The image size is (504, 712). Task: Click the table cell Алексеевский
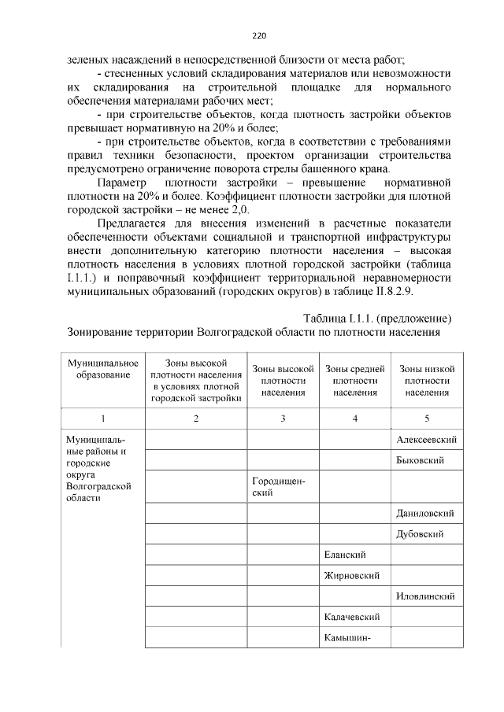[x=426, y=440]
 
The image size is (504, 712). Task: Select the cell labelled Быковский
[x=421, y=460]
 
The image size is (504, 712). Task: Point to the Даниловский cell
[x=425, y=513]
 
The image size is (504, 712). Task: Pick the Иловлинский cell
[x=426, y=596]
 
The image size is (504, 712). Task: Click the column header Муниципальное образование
[x=102, y=369]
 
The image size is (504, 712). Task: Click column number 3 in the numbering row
[x=282, y=418]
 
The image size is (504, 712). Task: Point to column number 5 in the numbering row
[x=427, y=418]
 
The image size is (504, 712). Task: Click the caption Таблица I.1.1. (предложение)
[x=376, y=318]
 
